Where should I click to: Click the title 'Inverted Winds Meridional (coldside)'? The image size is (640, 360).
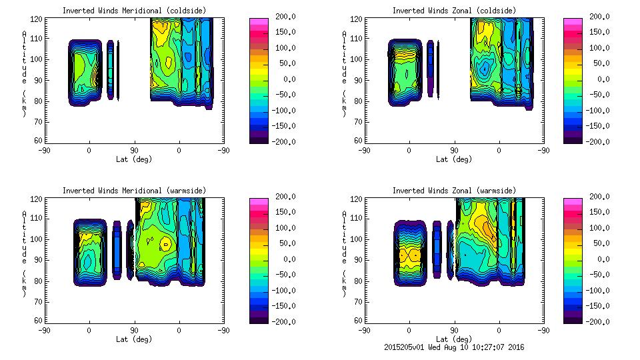click(x=134, y=11)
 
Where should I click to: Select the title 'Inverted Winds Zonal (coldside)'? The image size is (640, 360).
click(x=453, y=11)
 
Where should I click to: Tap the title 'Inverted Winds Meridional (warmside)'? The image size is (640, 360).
click(x=134, y=191)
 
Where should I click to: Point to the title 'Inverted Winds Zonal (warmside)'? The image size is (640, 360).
click(x=453, y=191)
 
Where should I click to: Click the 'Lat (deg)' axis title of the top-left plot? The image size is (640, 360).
click(x=134, y=159)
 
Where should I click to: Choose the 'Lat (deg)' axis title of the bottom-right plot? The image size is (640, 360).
click(x=453, y=339)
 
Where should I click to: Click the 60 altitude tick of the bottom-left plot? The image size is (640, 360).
click(x=39, y=321)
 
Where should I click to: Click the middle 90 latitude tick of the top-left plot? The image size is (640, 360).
click(x=134, y=150)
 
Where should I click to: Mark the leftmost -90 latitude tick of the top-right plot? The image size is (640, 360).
click(x=363, y=150)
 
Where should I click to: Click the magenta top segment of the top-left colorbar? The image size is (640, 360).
click(x=258, y=22)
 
